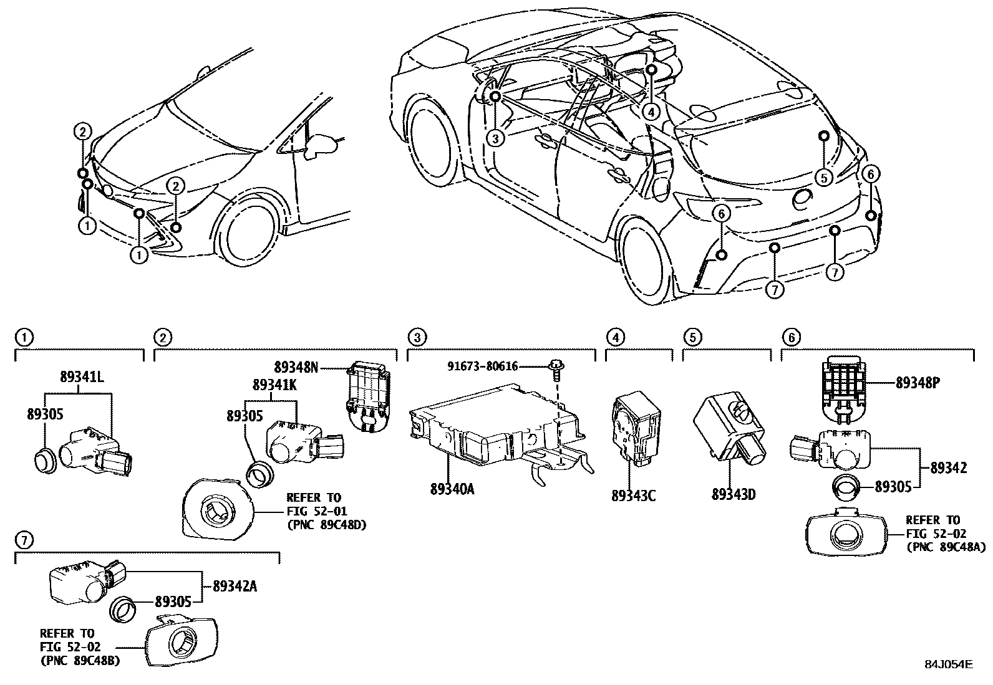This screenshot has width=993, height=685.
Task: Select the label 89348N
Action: coord(296,368)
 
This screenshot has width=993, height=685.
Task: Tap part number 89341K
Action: coord(274,385)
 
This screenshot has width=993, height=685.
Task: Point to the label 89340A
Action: coord(452,489)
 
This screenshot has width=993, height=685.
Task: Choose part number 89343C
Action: coord(633,496)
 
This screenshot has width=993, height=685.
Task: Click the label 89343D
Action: coord(733,495)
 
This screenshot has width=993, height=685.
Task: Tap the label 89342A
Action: coord(235,586)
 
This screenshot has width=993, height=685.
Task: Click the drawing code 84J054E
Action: coord(948,664)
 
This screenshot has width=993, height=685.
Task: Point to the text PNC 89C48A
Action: coord(945,547)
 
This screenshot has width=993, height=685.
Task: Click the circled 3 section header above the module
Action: coord(416,338)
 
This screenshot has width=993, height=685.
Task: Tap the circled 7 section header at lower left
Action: coord(23,539)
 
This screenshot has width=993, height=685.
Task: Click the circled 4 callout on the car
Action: coord(651,112)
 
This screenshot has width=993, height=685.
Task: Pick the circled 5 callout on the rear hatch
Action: coord(823,178)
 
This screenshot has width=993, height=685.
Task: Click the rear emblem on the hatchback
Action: coord(800,198)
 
